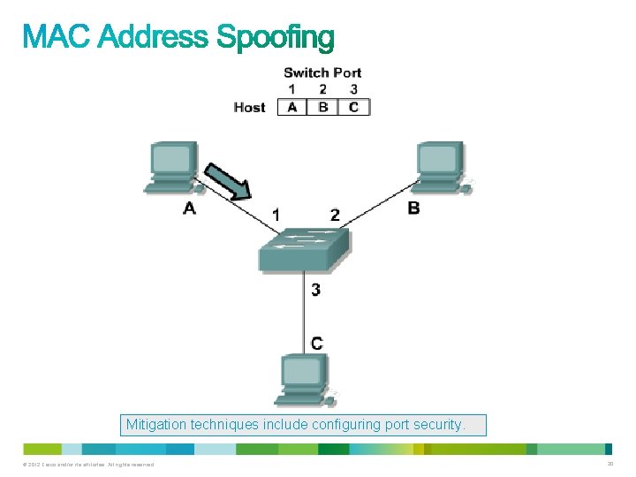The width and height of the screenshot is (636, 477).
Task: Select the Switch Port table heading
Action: pyautogui.click(x=322, y=72)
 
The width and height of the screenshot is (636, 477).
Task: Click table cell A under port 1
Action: pyautogui.click(x=291, y=107)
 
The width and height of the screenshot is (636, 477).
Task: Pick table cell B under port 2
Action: pyautogui.click(x=323, y=107)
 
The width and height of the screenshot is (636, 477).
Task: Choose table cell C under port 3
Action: pyautogui.click(x=353, y=107)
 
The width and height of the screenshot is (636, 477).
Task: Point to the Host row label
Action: pyautogui.click(x=249, y=107)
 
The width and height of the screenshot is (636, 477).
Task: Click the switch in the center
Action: pyautogui.click(x=304, y=249)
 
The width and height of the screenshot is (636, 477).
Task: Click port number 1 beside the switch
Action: pyautogui.click(x=276, y=214)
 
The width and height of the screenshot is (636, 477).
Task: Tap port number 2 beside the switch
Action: pyautogui.click(x=335, y=214)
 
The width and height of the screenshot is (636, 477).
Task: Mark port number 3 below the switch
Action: pyautogui.click(x=315, y=289)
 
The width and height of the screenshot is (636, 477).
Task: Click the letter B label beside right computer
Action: pyautogui.click(x=413, y=208)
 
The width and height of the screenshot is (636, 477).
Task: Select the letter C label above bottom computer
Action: pyautogui.click(x=316, y=343)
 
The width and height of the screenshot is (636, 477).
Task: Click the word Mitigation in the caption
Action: pyautogui.click(x=155, y=425)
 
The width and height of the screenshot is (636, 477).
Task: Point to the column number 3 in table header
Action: pyautogui.click(x=353, y=89)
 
